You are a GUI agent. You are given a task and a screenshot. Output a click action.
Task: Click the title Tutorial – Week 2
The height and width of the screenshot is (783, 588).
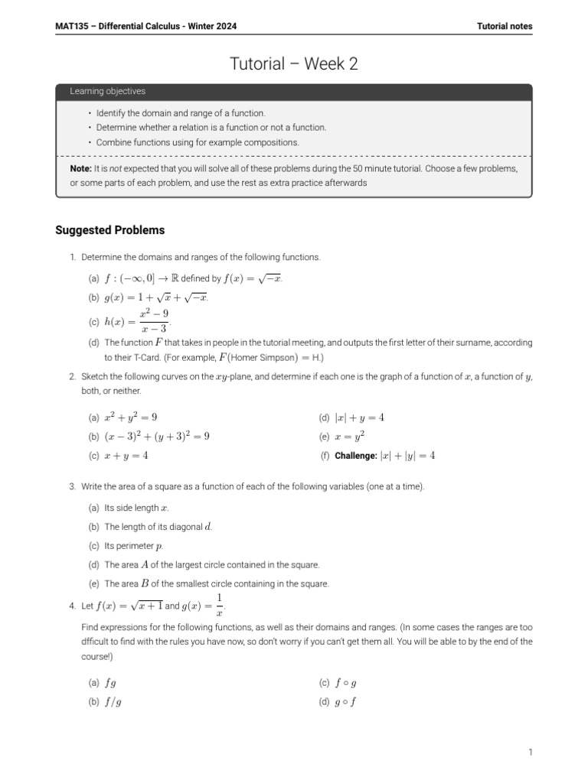click(x=294, y=64)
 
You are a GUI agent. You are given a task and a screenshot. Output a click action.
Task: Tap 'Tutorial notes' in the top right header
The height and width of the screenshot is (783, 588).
click(x=504, y=26)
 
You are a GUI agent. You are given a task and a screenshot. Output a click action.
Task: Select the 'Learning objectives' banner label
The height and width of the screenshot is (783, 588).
click(x=107, y=92)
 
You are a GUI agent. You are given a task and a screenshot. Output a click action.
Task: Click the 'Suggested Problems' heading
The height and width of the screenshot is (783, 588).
click(x=109, y=230)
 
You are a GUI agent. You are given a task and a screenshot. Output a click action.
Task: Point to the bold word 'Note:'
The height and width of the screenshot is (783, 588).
click(x=80, y=168)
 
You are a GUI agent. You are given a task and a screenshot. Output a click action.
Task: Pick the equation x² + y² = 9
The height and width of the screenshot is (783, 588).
click(x=131, y=417)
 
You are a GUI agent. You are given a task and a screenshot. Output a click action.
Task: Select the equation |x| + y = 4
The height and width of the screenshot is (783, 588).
click(x=359, y=417)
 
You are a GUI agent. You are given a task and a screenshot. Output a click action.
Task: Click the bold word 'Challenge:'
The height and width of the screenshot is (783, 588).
click(x=357, y=456)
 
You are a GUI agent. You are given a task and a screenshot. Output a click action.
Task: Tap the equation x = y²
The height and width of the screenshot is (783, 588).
click(x=350, y=437)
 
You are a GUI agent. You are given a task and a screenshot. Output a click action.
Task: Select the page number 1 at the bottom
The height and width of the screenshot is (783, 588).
click(x=529, y=752)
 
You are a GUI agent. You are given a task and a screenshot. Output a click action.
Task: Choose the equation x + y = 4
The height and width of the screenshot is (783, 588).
click(x=126, y=456)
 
